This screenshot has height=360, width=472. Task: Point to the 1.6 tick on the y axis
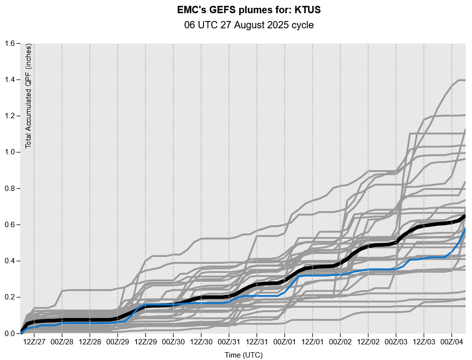pyautogui.click(x=10, y=43)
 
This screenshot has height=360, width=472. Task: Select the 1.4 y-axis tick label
pyautogui.click(x=10, y=80)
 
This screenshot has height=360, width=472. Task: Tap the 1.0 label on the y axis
pyautogui.click(x=10, y=152)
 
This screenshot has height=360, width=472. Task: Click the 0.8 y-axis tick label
pyautogui.click(x=10, y=189)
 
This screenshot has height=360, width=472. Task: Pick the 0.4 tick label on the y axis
pyautogui.click(x=10, y=261)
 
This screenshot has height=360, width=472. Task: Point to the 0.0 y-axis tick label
pyautogui.click(x=10, y=334)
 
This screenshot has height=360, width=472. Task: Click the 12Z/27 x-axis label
pyautogui.click(x=34, y=340)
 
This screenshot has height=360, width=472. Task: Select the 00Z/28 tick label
pyautogui.click(x=62, y=340)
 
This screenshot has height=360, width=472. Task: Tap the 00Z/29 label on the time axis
pyautogui.click(x=118, y=340)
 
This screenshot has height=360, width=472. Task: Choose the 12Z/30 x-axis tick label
pyautogui.click(x=201, y=340)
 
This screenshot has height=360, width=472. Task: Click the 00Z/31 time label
pyautogui.click(x=229, y=340)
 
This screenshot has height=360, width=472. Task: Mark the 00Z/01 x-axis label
pyautogui.click(x=285, y=340)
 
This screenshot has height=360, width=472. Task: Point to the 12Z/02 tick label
pyautogui.click(x=368, y=340)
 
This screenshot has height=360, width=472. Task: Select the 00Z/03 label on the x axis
pyautogui.click(x=396, y=340)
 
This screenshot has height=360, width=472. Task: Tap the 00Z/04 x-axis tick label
pyautogui.click(x=451, y=340)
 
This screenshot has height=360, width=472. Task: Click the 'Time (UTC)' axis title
pyautogui.click(x=243, y=355)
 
